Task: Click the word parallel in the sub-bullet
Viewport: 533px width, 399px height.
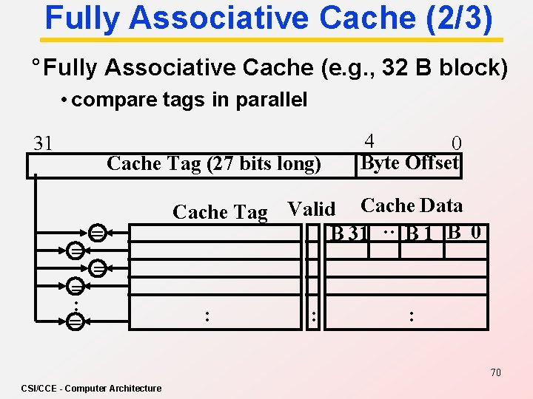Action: (272, 100)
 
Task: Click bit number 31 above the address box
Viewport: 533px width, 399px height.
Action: (43, 143)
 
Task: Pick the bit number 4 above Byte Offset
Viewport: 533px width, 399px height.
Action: (369, 140)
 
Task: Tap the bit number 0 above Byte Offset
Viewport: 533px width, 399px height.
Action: (457, 143)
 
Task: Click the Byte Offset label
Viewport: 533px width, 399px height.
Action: (409, 163)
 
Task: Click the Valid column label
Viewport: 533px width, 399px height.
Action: (311, 210)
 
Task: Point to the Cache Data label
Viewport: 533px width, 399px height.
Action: (411, 206)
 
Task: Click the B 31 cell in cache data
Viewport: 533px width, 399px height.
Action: (350, 234)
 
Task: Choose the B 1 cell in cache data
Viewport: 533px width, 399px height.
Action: (419, 234)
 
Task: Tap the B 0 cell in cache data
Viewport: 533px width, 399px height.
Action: (466, 233)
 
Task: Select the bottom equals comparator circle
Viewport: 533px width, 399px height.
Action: (75, 321)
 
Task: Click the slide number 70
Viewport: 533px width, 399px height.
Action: (495, 372)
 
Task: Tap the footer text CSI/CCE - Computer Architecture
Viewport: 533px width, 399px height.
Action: (91, 388)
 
